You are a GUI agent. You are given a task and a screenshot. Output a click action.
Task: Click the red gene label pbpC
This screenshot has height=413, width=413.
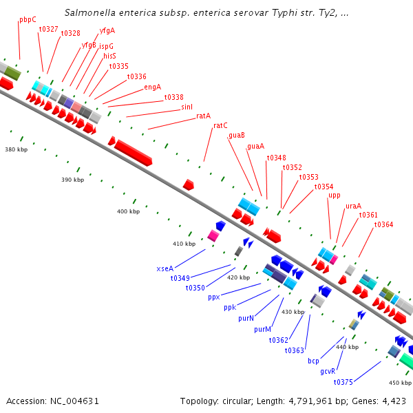point(28,20)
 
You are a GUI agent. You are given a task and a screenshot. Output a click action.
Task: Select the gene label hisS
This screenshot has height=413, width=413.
point(110,56)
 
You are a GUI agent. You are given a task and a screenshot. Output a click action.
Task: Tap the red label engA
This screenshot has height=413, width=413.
point(153,87)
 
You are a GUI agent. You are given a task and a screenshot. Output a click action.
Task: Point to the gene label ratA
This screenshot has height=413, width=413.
point(203,116)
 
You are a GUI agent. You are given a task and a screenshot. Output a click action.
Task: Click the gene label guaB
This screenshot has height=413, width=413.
point(237,136)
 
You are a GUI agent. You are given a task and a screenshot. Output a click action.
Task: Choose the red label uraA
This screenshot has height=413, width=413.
point(353,206)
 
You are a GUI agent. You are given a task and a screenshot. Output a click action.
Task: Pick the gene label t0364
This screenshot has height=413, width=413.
point(383,224)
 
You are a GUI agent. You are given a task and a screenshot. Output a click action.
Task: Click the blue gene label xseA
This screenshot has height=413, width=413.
point(165,268)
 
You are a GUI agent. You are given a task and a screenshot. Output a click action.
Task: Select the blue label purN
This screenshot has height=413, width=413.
point(246,319)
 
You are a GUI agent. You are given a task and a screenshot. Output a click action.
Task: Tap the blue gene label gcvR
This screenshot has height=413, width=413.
point(328,371)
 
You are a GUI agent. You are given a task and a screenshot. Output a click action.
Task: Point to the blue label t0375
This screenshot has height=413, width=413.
point(343,382)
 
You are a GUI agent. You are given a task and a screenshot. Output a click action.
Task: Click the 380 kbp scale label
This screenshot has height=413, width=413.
point(17,149)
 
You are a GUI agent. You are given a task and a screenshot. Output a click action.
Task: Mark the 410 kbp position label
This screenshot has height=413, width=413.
point(184,244)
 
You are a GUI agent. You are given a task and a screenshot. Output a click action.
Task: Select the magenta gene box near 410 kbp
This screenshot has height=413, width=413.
point(213,236)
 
